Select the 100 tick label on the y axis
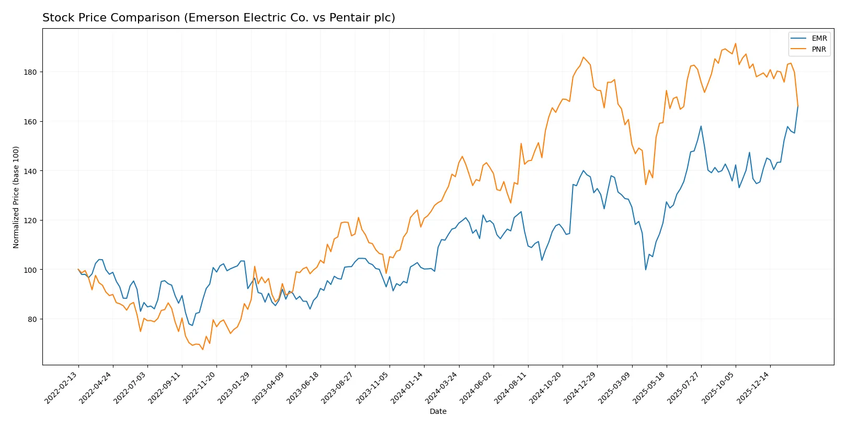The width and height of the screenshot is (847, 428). pyautogui.click(x=30, y=270)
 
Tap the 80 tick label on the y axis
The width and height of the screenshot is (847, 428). pyautogui.click(x=31, y=319)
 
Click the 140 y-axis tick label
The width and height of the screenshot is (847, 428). pyautogui.click(x=30, y=171)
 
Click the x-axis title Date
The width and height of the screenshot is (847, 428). pyautogui.click(x=438, y=412)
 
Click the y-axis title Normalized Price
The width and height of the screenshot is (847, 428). pyautogui.click(x=16, y=197)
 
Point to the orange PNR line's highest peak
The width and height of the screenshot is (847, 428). pyautogui.click(x=735, y=43)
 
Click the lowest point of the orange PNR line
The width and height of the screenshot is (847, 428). pyautogui.click(x=202, y=349)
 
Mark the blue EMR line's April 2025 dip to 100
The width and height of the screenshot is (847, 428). pyautogui.click(x=646, y=270)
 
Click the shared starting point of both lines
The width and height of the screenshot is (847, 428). pyautogui.click(x=78, y=270)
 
